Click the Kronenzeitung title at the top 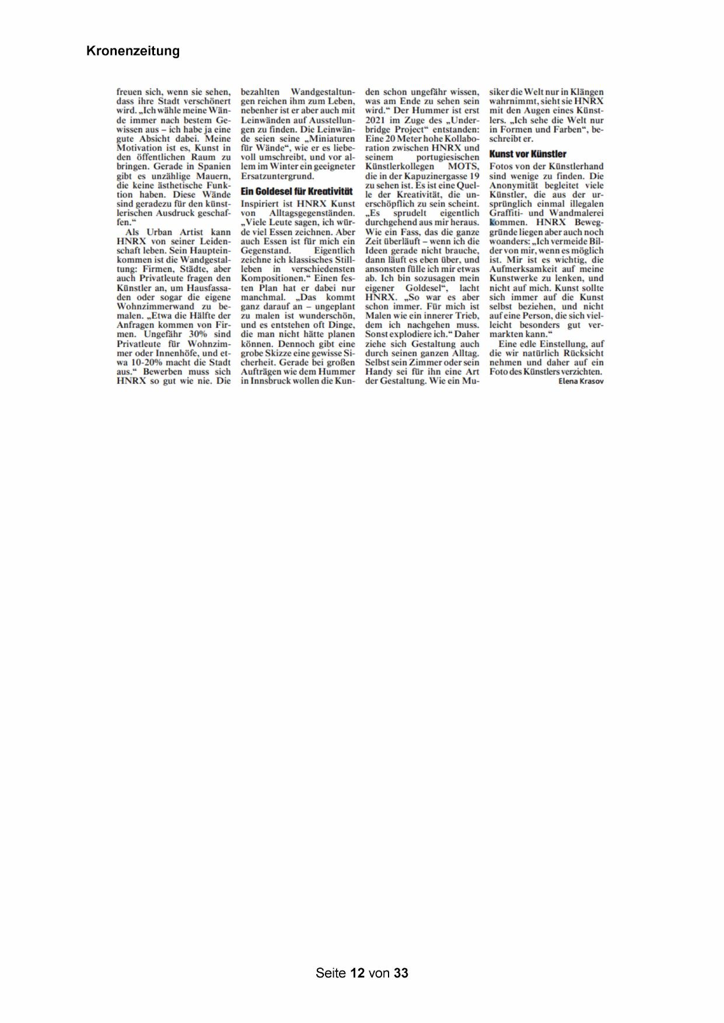(133, 51)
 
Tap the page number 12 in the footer (357, 973)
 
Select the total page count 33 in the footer (401, 973)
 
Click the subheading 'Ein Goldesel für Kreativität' (296, 191)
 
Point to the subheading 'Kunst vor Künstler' (527, 154)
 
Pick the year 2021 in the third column (375, 120)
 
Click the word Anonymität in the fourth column (512, 185)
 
